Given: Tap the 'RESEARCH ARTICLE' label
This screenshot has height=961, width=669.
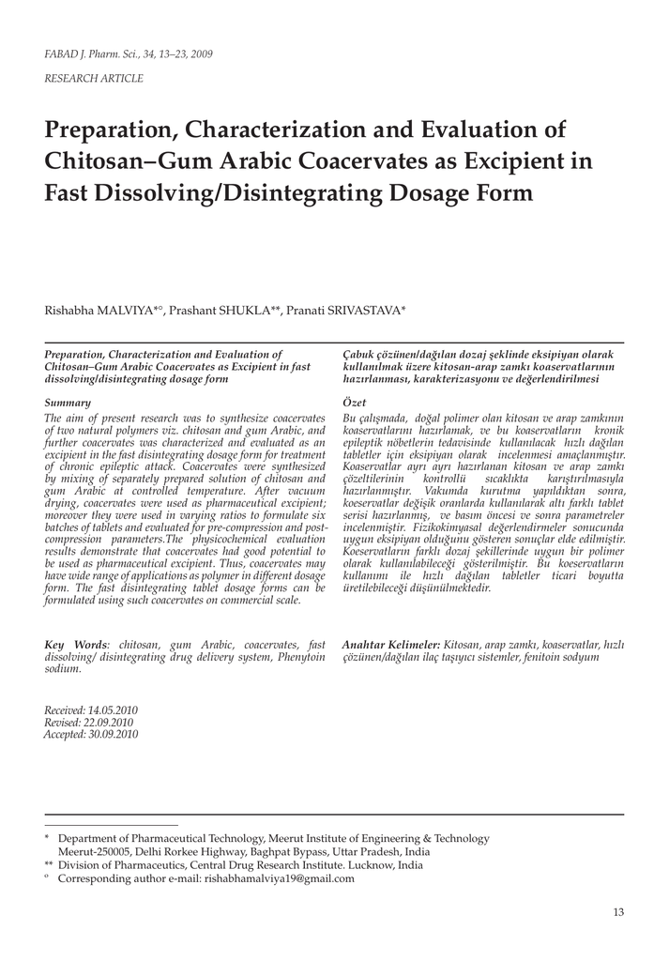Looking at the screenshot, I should point(94,79).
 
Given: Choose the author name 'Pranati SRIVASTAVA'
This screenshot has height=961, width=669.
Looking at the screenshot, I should point(348,310).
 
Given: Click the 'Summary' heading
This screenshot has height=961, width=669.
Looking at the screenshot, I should point(68,402).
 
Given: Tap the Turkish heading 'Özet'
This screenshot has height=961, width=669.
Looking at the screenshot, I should point(354,402).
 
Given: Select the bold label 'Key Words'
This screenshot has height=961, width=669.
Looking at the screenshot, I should point(76,645).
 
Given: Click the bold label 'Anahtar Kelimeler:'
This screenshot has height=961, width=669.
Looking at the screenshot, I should point(391,645).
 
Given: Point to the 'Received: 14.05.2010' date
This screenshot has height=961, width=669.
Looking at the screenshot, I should point(91,710).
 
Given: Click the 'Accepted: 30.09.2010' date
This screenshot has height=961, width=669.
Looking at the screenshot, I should point(91,735).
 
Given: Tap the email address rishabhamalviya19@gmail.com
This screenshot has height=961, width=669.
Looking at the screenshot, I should point(280,878).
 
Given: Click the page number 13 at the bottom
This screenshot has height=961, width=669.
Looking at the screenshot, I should point(617,911).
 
